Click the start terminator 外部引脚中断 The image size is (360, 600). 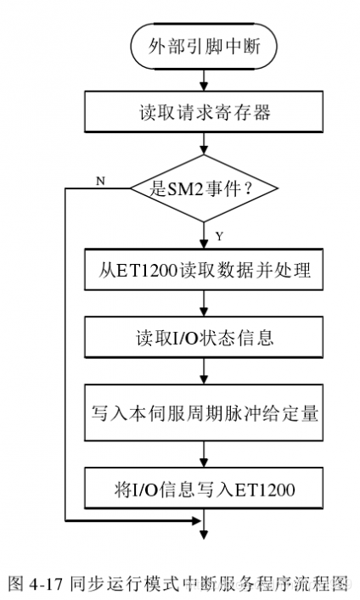(204, 49)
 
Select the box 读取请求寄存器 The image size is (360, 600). (204, 111)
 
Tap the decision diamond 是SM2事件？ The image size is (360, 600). (204, 188)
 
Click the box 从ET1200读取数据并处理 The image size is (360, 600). (204, 271)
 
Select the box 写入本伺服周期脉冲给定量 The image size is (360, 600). (204, 413)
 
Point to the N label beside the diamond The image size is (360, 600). (101, 182)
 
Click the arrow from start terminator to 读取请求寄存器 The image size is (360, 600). (204, 80)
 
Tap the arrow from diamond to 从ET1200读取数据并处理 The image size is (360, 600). (204, 235)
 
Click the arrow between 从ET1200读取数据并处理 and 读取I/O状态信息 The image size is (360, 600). (204, 306)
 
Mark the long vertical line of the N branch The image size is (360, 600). (65, 356)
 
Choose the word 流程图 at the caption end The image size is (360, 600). (326, 584)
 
